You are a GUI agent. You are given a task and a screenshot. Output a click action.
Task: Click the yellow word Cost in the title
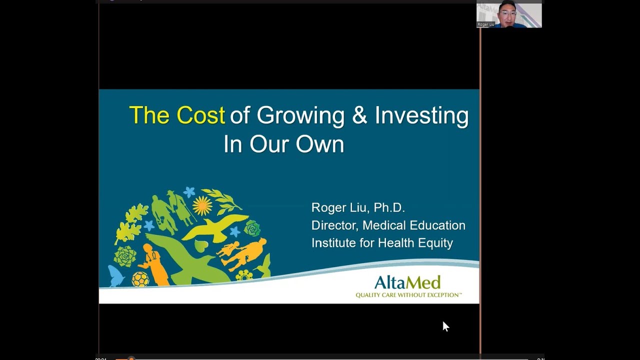[x=200, y=115]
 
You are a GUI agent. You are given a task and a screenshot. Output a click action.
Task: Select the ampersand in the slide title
[x=359, y=115]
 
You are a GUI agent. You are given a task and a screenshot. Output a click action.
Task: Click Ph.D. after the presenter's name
[x=389, y=207]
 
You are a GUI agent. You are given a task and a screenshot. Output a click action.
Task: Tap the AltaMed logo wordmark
[x=407, y=282]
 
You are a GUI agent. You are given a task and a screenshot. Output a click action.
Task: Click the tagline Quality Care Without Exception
[x=408, y=295]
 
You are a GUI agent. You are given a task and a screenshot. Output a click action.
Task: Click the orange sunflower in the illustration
[x=202, y=205]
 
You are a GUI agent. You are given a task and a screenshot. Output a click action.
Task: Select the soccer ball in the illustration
[x=140, y=279]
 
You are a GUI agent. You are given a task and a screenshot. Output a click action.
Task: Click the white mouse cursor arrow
[x=445, y=326]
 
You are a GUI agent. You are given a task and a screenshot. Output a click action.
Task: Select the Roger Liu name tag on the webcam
[x=485, y=24]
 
